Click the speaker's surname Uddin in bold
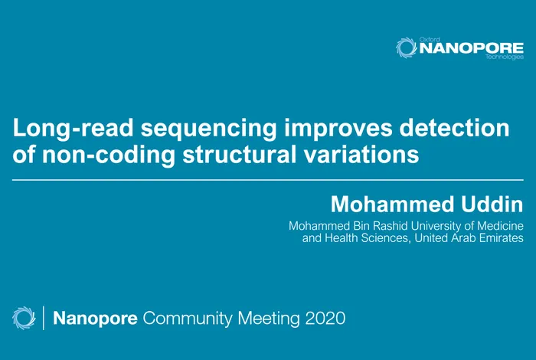(x=489, y=205)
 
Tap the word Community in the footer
(x=183, y=316)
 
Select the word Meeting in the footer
(x=260, y=316)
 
